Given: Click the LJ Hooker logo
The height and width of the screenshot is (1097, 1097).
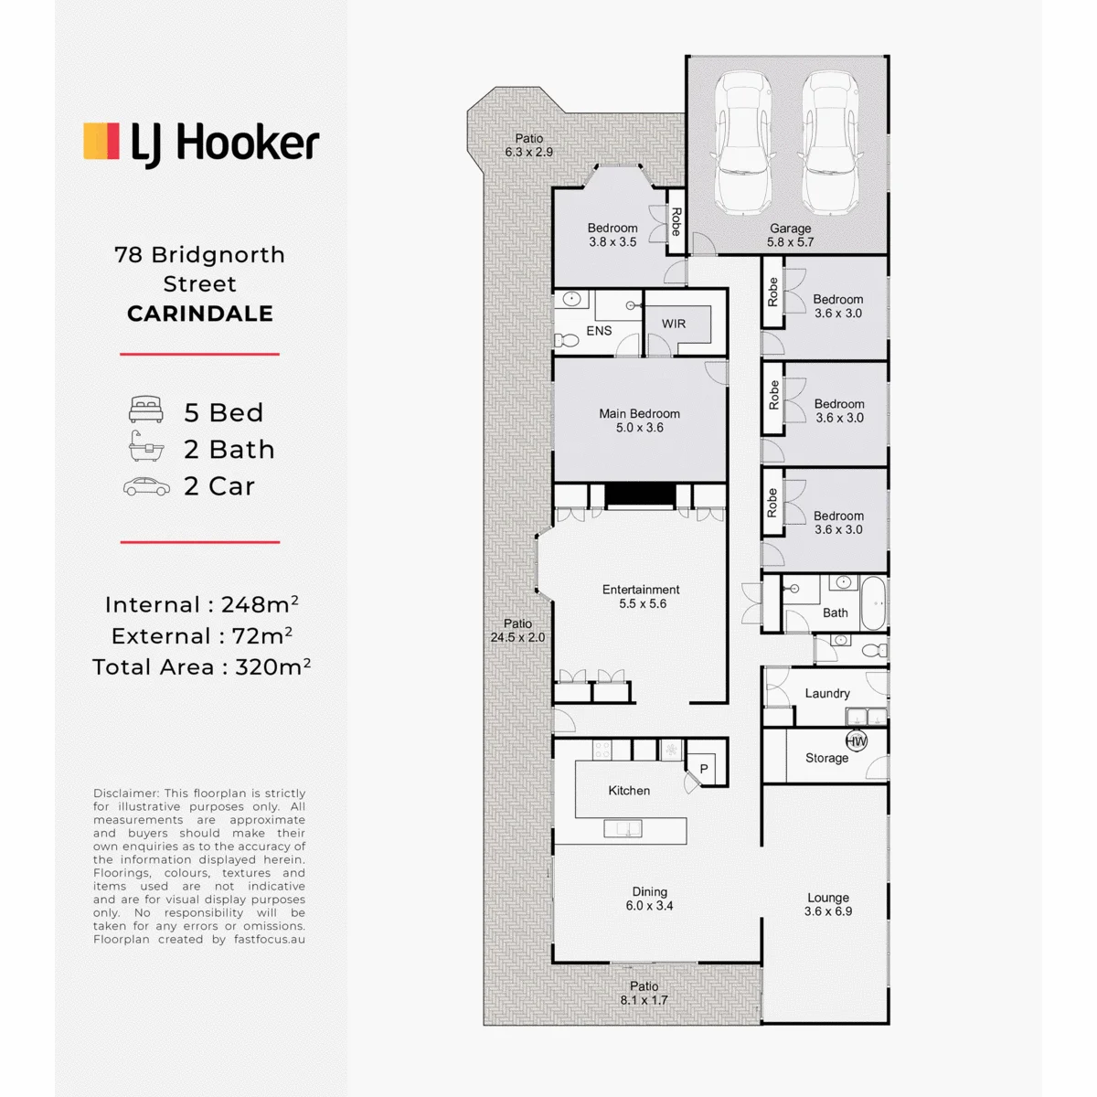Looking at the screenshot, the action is (201, 144).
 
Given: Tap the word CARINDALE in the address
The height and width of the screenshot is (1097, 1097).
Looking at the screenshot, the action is (200, 314).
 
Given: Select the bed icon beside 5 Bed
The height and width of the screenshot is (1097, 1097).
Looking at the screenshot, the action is (146, 410).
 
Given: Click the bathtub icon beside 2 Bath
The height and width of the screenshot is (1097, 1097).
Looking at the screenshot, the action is (145, 446).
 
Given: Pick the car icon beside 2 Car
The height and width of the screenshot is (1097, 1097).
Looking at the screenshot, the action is (147, 486).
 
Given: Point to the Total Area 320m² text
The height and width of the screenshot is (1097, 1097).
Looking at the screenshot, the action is (201, 666).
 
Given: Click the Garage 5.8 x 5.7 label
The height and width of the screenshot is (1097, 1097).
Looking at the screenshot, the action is (790, 235).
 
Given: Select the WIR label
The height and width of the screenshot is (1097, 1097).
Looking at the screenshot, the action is (674, 324).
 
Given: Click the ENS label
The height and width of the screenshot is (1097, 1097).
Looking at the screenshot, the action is (599, 331).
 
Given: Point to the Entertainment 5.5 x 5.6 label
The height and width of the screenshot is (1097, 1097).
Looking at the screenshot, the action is (641, 597).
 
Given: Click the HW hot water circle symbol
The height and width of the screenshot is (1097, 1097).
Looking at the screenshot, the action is (857, 741).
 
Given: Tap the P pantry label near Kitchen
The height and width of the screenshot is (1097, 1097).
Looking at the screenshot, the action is (704, 769).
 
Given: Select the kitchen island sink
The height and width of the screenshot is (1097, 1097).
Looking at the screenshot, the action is (623, 828).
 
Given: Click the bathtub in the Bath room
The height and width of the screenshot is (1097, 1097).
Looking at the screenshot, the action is (873, 603).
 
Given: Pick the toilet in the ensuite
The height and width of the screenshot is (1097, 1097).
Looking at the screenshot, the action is (567, 341).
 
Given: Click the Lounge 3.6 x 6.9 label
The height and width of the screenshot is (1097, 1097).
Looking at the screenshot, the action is (828, 905).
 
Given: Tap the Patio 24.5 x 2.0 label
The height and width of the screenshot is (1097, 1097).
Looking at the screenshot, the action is (517, 631).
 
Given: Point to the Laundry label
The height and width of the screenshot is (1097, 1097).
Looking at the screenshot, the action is (827, 693).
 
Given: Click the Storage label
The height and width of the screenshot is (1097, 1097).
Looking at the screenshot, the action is (826, 758).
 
